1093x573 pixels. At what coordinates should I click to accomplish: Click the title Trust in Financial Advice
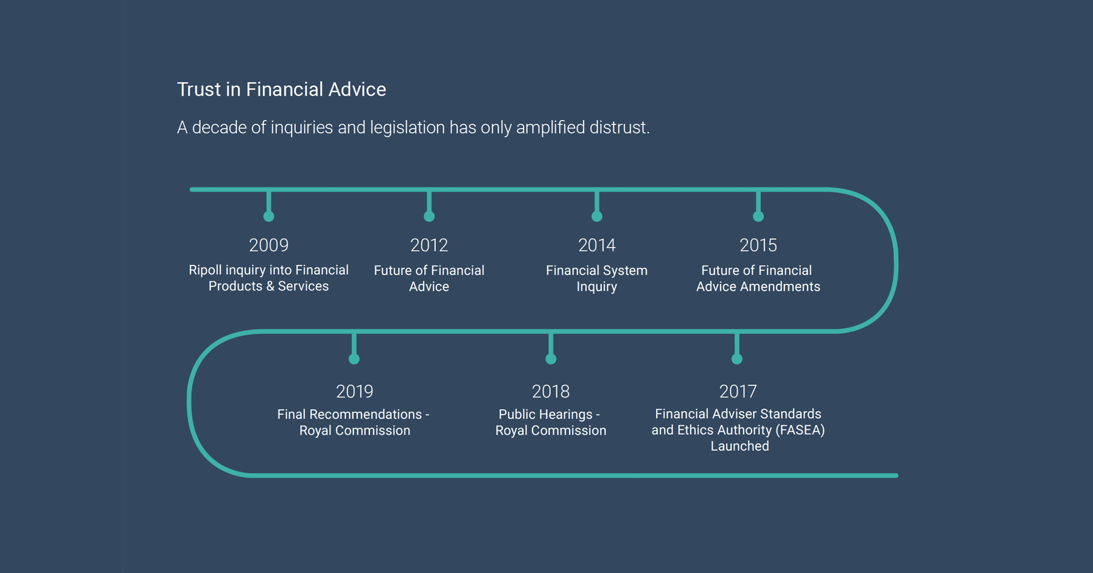click(x=281, y=90)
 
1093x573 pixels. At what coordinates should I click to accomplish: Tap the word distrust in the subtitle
click(x=619, y=127)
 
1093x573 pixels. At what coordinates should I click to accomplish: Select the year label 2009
click(x=268, y=245)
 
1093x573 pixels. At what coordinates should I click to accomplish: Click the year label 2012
click(x=429, y=245)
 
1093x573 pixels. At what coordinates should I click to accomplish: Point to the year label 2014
click(x=596, y=245)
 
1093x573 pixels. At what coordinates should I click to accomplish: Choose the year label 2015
click(x=758, y=245)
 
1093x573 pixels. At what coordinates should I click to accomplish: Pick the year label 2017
click(x=738, y=391)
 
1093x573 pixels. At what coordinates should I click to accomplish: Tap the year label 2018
click(x=551, y=391)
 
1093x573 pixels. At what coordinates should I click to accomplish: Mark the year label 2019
click(x=355, y=391)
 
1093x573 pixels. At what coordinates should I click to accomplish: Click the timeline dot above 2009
click(x=268, y=216)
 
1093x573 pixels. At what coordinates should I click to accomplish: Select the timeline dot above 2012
click(x=429, y=216)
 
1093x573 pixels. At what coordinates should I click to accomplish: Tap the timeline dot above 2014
click(x=597, y=216)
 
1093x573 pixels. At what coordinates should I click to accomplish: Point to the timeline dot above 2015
click(x=758, y=216)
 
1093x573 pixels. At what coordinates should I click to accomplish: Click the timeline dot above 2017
click(x=737, y=359)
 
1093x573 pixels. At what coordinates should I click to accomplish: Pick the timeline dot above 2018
click(x=551, y=359)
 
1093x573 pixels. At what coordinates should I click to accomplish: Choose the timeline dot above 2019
click(x=354, y=359)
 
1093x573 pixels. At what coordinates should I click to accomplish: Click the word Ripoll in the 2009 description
click(x=204, y=270)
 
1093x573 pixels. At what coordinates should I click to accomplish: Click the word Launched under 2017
click(x=740, y=446)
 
